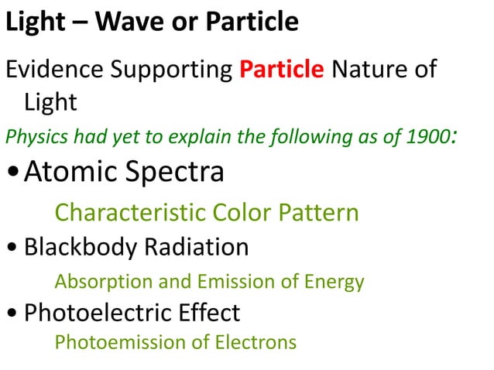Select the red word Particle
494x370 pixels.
(282, 70)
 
